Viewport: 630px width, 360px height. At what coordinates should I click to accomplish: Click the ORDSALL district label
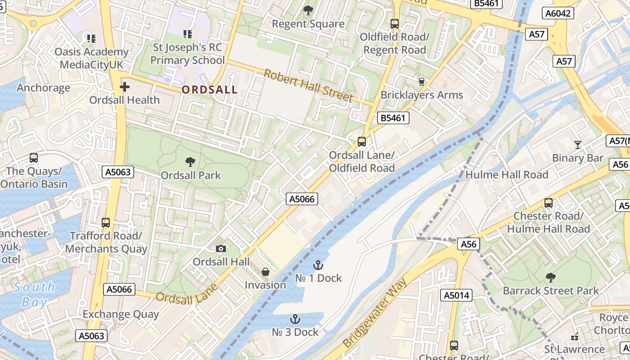pos(209,90)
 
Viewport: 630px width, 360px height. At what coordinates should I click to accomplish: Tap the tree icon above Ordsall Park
pos(190,162)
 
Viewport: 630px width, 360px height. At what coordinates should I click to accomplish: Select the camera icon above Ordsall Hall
pos(221,248)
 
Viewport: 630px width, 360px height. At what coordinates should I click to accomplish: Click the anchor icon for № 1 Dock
pos(318,265)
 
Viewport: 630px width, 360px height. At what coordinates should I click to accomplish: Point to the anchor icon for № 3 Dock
pos(295,319)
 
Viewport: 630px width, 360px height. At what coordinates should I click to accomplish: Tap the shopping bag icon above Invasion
pos(265,272)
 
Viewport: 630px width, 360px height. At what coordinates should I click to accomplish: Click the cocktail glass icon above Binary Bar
pos(578,144)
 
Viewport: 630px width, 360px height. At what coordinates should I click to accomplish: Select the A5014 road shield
pos(457,295)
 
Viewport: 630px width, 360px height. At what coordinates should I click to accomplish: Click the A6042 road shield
pos(558,13)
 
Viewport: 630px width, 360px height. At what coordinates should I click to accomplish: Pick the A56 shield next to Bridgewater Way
pos(469,244)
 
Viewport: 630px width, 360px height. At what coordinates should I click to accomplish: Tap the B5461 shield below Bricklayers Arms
pos(393,118)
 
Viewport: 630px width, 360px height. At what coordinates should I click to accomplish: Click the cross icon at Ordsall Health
pos(125,87)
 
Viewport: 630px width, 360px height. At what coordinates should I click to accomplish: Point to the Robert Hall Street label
pos(308,85)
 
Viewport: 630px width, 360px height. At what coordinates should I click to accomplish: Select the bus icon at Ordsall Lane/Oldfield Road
pos(362,142)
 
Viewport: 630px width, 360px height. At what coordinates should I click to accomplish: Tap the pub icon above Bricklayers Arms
pos(422,81)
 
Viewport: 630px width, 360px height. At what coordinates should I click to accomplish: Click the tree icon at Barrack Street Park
pos(550,277)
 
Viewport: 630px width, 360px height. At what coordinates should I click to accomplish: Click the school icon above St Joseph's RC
pos(188,34)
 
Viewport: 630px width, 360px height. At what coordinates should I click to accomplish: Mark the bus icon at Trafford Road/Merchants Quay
pos(106,222)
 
